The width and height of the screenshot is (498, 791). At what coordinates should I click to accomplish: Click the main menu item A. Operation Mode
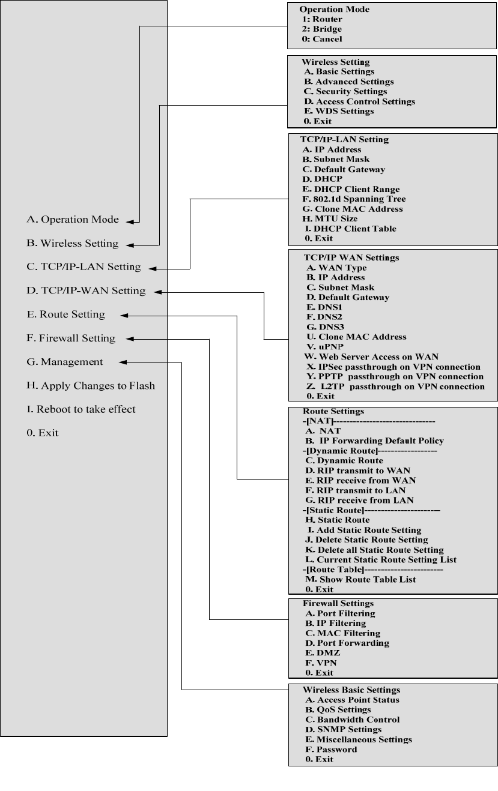73,220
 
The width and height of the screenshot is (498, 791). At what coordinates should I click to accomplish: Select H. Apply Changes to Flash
91,386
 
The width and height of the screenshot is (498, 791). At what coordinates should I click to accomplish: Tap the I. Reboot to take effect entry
81,409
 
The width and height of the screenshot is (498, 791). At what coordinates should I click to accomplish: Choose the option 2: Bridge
322,29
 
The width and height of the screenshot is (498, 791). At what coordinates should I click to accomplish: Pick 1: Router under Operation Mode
323,19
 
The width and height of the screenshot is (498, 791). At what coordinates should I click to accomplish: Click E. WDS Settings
339,111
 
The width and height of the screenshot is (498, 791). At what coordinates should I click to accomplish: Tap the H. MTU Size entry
330,218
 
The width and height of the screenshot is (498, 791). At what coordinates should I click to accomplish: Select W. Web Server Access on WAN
371,356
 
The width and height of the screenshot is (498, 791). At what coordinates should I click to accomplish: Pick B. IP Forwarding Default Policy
374,441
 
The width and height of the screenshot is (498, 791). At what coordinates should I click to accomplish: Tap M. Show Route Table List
360,579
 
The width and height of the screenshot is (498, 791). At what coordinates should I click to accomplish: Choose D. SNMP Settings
343,729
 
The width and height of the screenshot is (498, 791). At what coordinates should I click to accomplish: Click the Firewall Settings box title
338,603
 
